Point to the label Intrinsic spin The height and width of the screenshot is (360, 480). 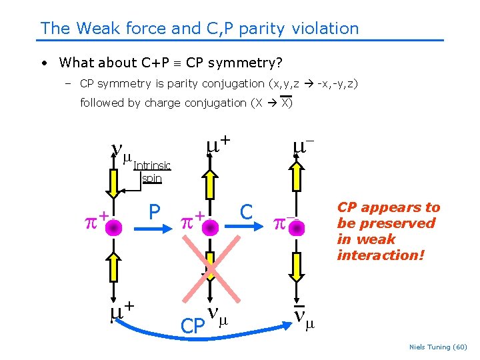click(x=152, y=172)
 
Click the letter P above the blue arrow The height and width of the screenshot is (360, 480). click(x=154, y=212)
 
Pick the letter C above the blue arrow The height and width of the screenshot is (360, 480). click(x=246, y=213)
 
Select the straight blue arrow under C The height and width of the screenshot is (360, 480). click(x=247, y=228)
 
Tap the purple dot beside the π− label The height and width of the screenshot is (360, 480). click(x=296, y=228)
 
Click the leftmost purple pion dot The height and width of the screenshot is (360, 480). click(x=114, y=228)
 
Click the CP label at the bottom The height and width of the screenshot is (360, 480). click(x=193, y=326)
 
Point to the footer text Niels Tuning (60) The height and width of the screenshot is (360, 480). click(x=437, y=347)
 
